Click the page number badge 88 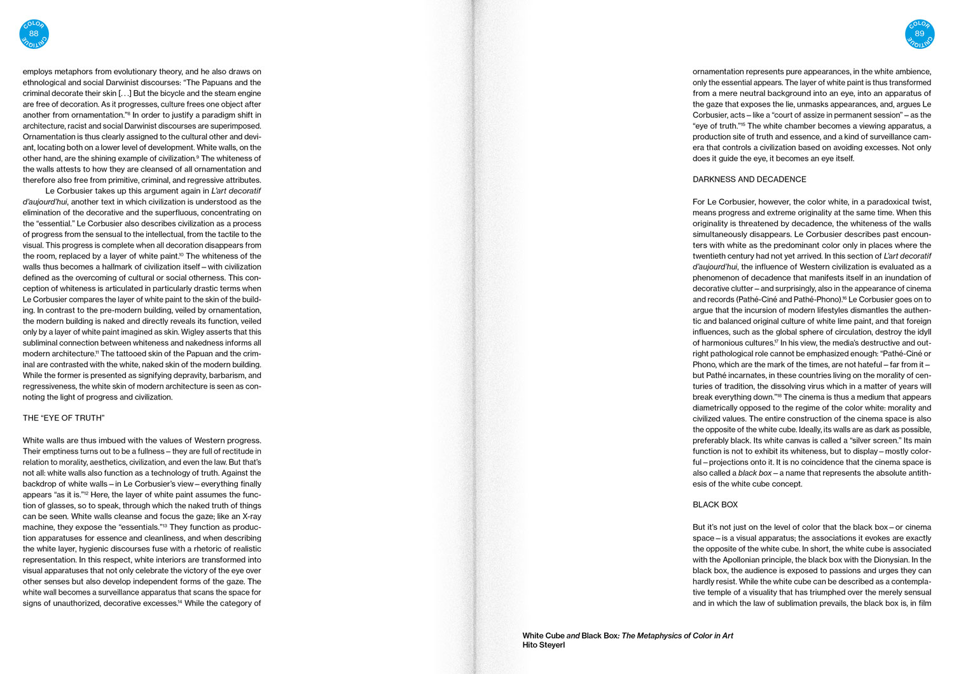(x=34, y=34)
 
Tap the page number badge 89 (x=919, y=34)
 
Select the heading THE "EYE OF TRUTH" (x=64, y=418)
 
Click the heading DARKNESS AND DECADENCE (x=749, y=180)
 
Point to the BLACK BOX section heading (x=715, y=505)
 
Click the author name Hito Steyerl (x=543, y=645)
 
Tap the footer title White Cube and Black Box (x=569, y=635)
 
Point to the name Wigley (x=197, y=332)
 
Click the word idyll (x=922, y=332)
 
